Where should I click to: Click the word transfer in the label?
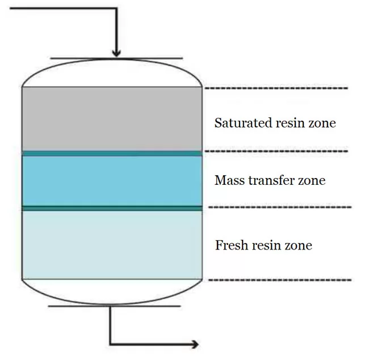point(273,181)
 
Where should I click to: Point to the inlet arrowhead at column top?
point(116,52)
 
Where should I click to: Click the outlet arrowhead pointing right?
point(194,344)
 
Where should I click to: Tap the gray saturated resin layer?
point(112,119)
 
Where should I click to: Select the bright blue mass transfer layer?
point(112,181)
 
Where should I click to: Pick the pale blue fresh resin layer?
point(112,244)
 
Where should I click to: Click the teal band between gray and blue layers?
point(112,153)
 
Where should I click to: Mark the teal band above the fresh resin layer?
point(112,208)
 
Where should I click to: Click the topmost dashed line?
point(276,88)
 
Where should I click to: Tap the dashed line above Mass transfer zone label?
point(276,151)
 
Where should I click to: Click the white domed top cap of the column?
point(112,73)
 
